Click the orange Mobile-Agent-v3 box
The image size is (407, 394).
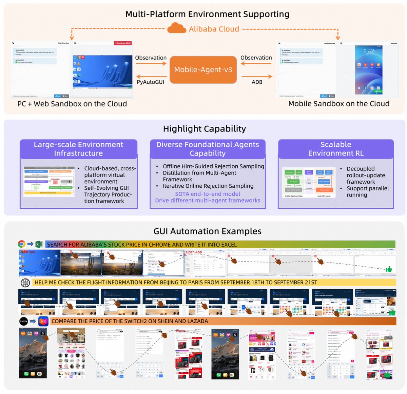coord(203,70)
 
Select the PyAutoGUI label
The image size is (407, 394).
coord(150,82)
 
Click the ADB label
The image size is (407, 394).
coord(257,82)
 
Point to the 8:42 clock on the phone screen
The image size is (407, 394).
coord(369,51)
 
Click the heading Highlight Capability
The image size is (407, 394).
coord(204,129)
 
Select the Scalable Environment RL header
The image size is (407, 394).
coord(336,149)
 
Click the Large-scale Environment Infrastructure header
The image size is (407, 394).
coord(78,149)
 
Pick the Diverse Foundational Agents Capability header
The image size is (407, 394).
coord(208,149)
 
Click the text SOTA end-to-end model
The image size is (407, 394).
coord(208,194)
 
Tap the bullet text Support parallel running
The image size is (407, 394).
coord(368,191)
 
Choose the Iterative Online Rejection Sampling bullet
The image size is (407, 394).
coord(208,186)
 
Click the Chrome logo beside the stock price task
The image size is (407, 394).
coord(21,244)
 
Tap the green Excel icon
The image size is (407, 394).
coord(39,244)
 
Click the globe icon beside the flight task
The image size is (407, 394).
coord(25,282)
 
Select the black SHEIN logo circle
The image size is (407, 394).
coord(24,321)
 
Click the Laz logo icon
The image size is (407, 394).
coord(43,321)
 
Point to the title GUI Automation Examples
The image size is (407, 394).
coord(207,231)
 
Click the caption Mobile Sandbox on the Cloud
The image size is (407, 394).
coord(338,104)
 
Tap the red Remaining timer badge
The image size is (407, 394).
coord(123,43)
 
